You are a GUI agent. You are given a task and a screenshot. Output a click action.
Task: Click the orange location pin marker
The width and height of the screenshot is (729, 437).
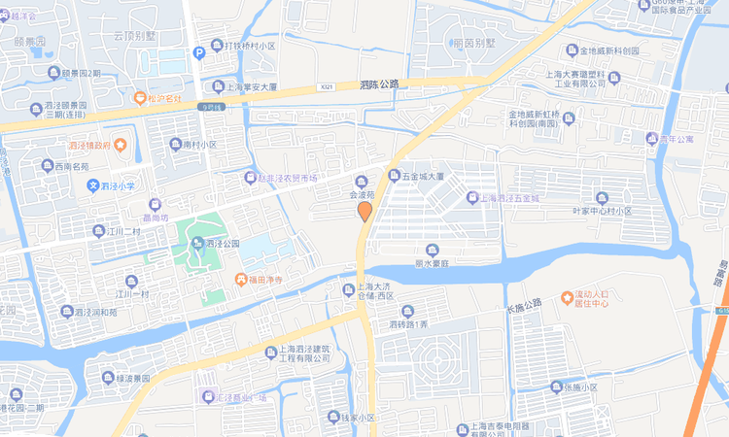(x=364, y=211)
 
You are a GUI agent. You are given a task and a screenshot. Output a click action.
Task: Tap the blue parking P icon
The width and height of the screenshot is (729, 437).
(x=199, y=52)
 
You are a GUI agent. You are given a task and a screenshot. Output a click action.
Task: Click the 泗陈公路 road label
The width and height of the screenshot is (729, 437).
(x=379, y=84)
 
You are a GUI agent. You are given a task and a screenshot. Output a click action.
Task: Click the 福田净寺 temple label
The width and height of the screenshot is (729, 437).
(x=257, y=281)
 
